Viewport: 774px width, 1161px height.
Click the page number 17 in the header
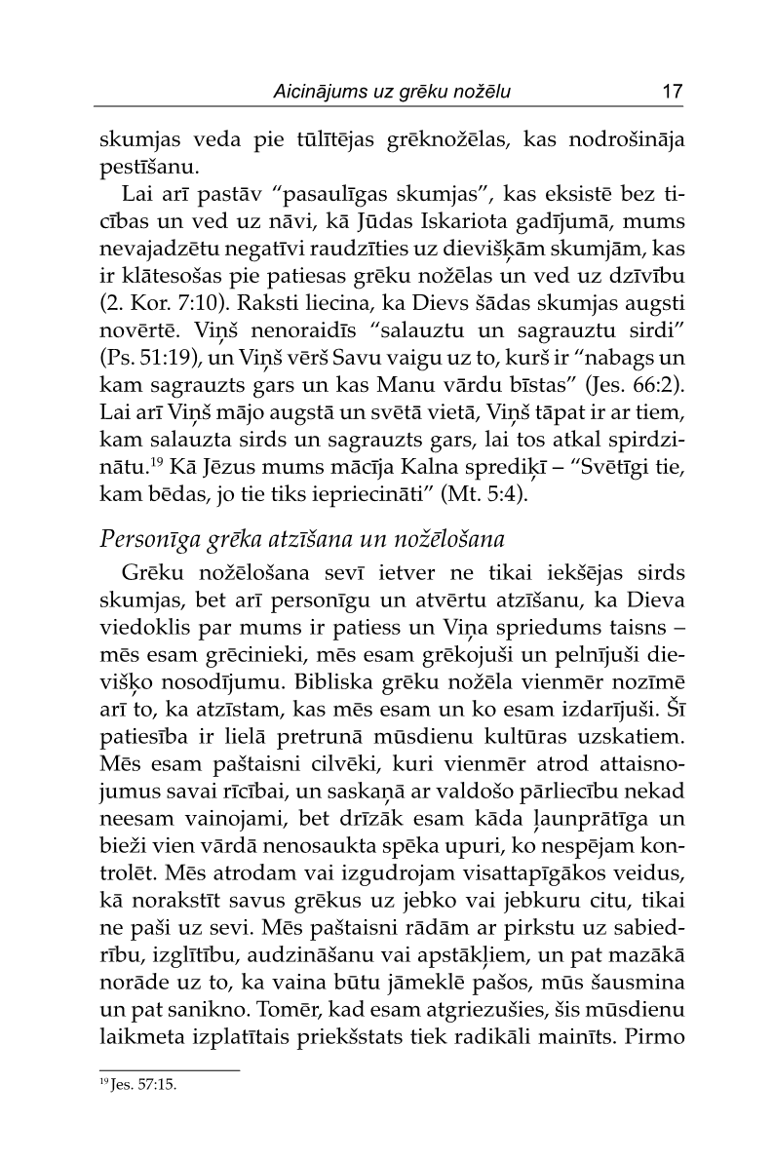click(x=671, y=93)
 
